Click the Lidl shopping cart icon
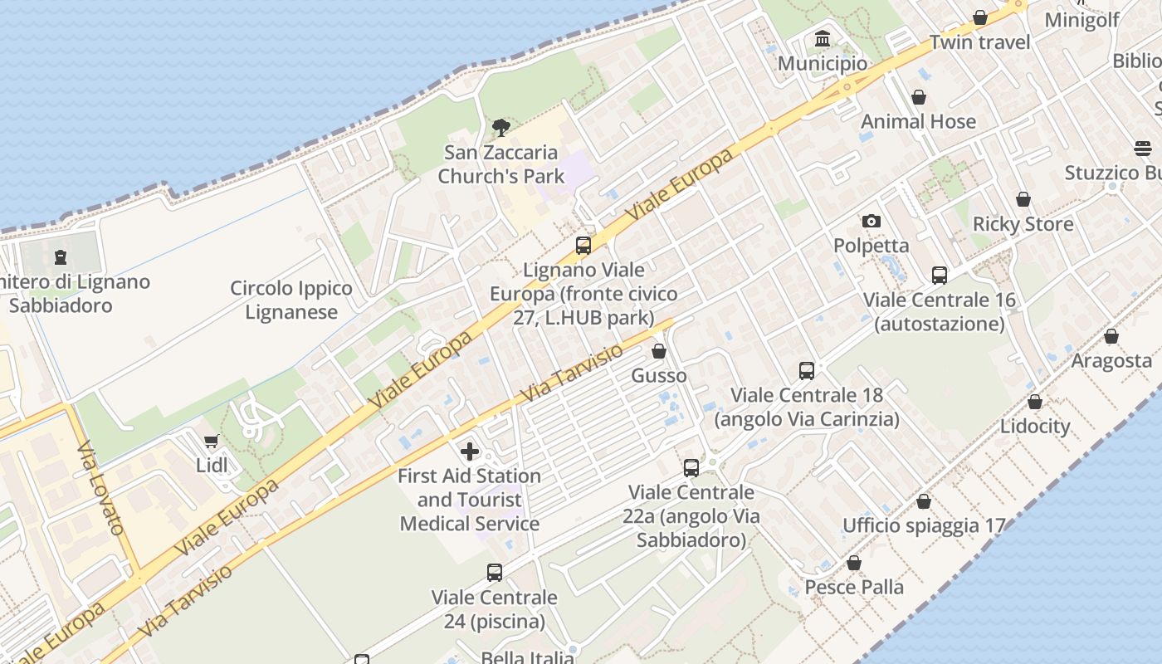(211, 441)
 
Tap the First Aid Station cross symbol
(470, 452)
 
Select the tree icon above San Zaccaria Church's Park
(500, 127)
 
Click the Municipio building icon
(823, 38)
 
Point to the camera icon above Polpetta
(871, 221)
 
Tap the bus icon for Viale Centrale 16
(939, 275)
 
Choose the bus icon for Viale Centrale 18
(807, 370)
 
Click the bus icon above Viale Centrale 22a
(691, 467)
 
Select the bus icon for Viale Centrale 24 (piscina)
(495, 572)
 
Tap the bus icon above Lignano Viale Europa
(583, 245)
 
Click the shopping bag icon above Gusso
(659, 351)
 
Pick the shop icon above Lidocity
(1034, 402)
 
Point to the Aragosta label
(1111, 360)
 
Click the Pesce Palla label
(854, 587)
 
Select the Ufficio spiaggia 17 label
(924, 525)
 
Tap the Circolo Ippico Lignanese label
(290, 300)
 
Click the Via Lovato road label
(100, 488)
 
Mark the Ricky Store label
(1023, 224)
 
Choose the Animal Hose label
(918, 121)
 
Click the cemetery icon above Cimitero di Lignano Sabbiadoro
(61, 257)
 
